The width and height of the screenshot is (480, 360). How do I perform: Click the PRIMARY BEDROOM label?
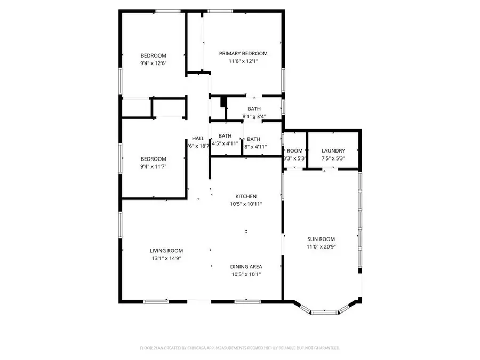(244, 53)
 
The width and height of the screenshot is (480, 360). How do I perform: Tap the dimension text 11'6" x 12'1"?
(244, 62)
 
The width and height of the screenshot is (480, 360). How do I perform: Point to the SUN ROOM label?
(321, 239)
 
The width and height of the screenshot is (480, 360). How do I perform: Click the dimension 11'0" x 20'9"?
(321, 246)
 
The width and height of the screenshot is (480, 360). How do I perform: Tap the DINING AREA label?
(246, 267)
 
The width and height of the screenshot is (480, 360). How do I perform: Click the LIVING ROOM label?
(166, 251)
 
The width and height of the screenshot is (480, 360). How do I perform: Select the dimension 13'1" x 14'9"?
(166, 258)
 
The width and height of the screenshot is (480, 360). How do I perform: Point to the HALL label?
(198, 138)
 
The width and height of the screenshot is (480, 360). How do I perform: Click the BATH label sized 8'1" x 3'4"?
(254, 109)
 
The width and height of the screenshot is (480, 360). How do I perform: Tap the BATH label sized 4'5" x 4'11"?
(225, 135)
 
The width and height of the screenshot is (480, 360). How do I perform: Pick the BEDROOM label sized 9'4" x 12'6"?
(154, 55)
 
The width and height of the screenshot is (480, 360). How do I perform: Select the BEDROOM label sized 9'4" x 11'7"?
(154, 159)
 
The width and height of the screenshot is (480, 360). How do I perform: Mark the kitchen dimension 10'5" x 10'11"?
(246, 204)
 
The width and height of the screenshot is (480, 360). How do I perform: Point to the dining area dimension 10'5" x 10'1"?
(246, 274)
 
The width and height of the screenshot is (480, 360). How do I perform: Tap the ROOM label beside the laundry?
(295, 151)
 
